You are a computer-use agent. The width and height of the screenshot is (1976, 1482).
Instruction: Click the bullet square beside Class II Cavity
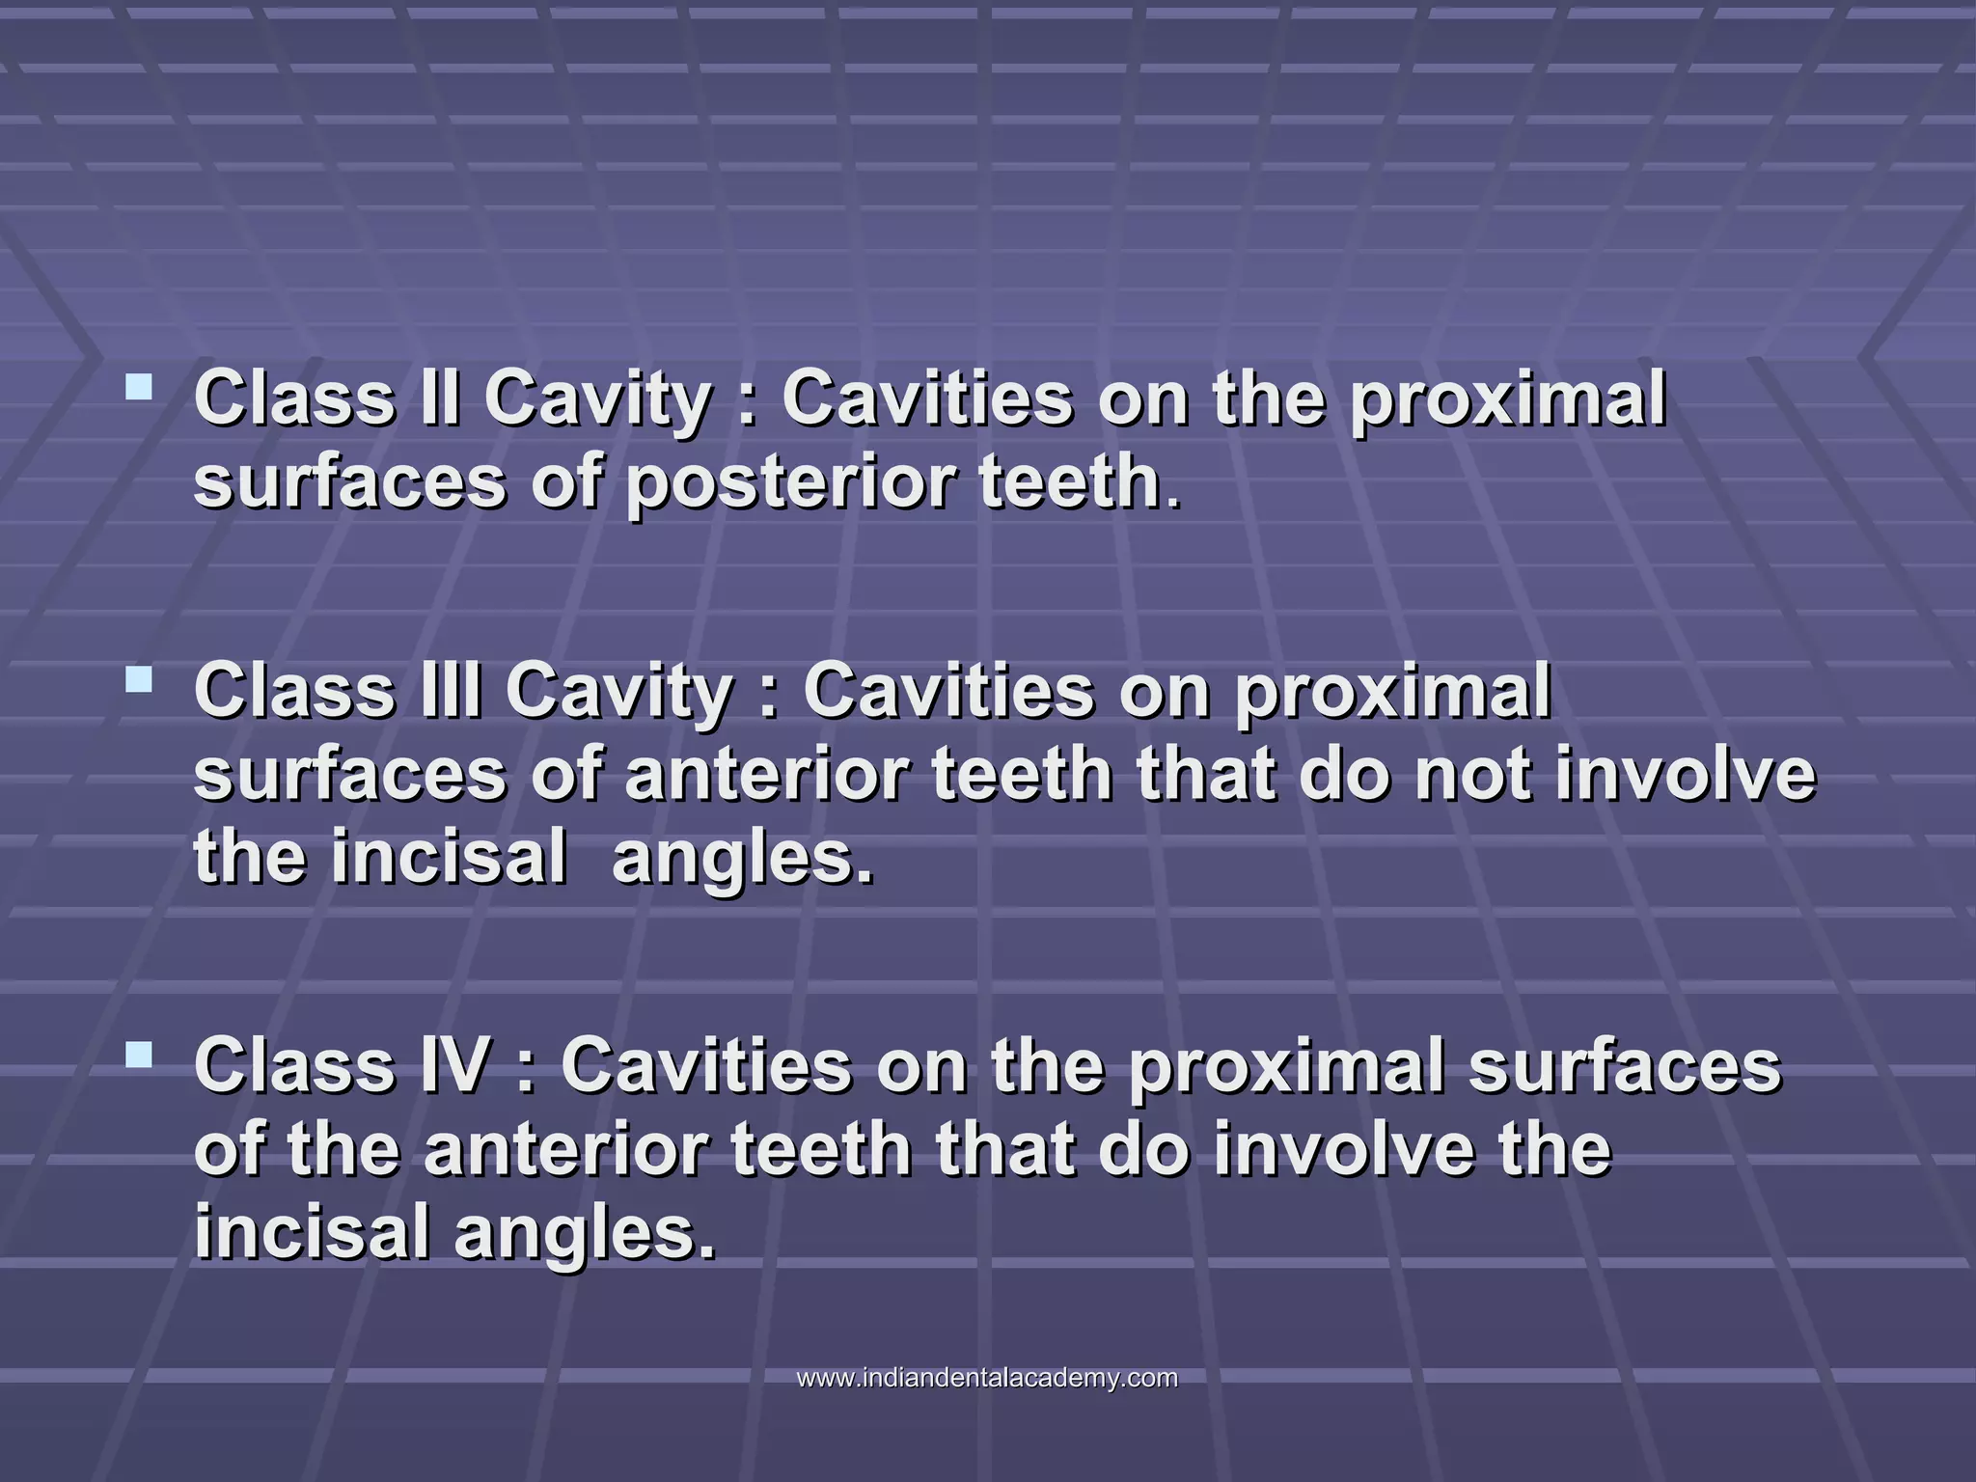click(x=139, y=389)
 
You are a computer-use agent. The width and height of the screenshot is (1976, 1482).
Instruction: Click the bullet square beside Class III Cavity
click(x=139, y=681)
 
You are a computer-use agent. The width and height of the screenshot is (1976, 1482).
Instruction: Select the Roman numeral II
click(x=440, y=398)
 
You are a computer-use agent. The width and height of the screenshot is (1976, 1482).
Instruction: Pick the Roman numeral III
click(x=451, y=691)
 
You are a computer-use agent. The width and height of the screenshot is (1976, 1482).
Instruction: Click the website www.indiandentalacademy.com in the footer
click(x=987, y=1378)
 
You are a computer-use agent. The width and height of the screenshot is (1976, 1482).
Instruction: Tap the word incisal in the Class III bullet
click(x=449, y=858)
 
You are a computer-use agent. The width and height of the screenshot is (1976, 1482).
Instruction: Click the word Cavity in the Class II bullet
click(x=598, y=399)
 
